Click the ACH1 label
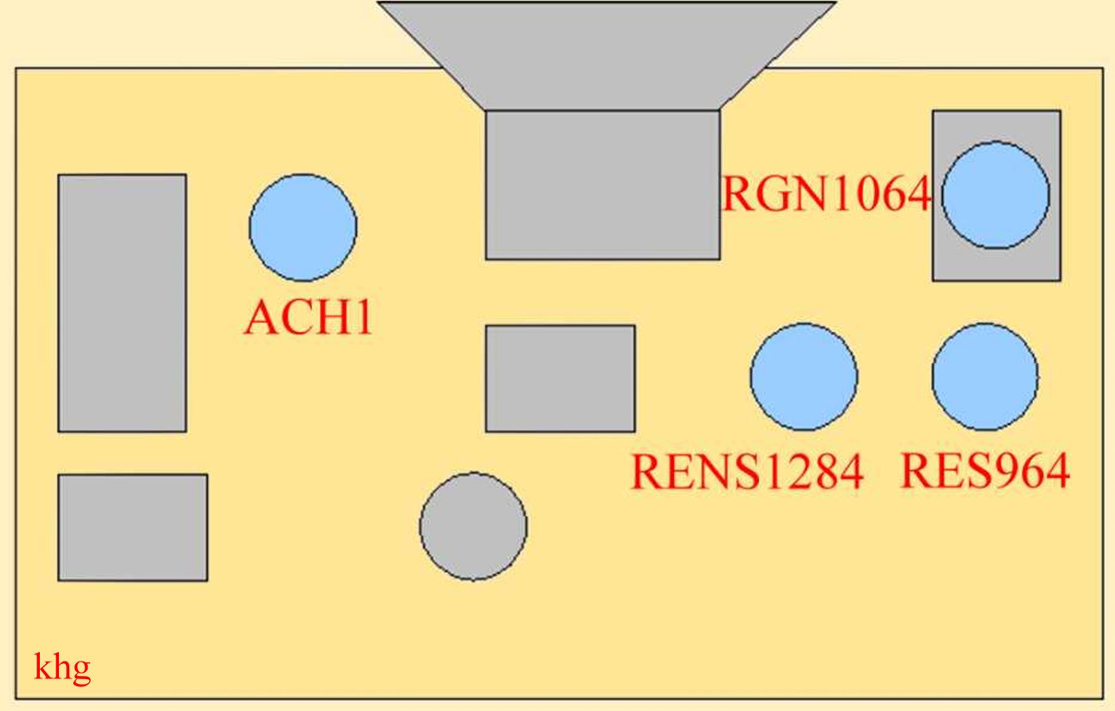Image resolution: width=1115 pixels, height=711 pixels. (x=309, y=317)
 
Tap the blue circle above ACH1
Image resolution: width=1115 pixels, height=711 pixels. (x=303, y=227)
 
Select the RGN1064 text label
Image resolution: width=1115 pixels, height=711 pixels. (x=826, y=193)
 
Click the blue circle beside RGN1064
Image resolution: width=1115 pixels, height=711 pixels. (x=996, y=195)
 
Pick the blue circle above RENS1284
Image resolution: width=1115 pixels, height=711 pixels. (x=804, y=377)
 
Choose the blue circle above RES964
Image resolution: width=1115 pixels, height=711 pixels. (x=985, y=377)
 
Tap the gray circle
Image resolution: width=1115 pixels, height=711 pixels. (x=473, y=526)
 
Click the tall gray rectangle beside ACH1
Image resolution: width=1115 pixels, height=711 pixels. (x=122, y=303)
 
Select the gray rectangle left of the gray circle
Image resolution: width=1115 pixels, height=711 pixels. (x=133, y=527)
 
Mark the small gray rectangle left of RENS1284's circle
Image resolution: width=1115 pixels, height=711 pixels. (x=560, y=378)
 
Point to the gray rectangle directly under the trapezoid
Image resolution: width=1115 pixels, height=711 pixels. (x=603, y=185)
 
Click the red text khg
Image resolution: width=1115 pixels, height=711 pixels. (x=62, y=667)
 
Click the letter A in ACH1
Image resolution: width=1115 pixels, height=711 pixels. (x=260, y=317)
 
